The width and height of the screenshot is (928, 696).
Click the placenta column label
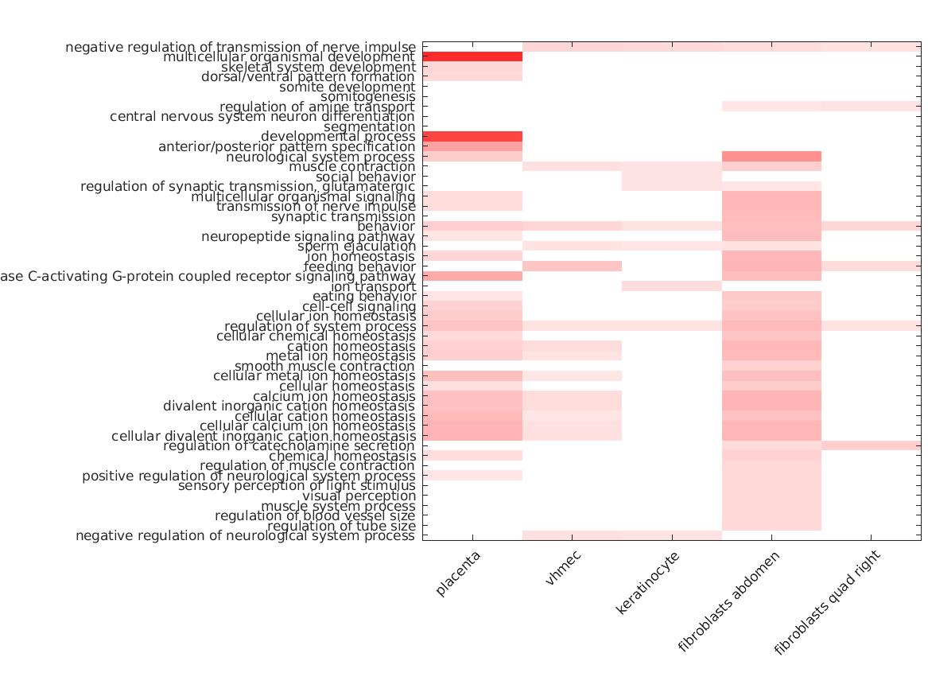461,576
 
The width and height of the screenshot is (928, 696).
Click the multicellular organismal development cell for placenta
472,57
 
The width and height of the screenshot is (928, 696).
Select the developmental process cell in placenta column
472,137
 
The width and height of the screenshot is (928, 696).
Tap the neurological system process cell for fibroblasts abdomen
771,157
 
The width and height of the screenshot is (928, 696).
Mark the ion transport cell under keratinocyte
672,286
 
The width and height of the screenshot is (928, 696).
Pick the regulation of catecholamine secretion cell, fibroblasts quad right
871,445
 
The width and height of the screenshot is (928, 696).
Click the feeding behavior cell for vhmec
572,266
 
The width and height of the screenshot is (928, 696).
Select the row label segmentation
370,127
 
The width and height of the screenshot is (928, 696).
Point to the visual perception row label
359,496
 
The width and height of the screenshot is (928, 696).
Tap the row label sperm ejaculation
356,247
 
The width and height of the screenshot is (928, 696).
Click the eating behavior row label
364,297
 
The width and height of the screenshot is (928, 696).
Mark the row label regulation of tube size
341,526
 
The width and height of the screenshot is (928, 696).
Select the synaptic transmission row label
344,216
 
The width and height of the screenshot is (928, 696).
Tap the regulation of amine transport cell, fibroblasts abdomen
771,107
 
